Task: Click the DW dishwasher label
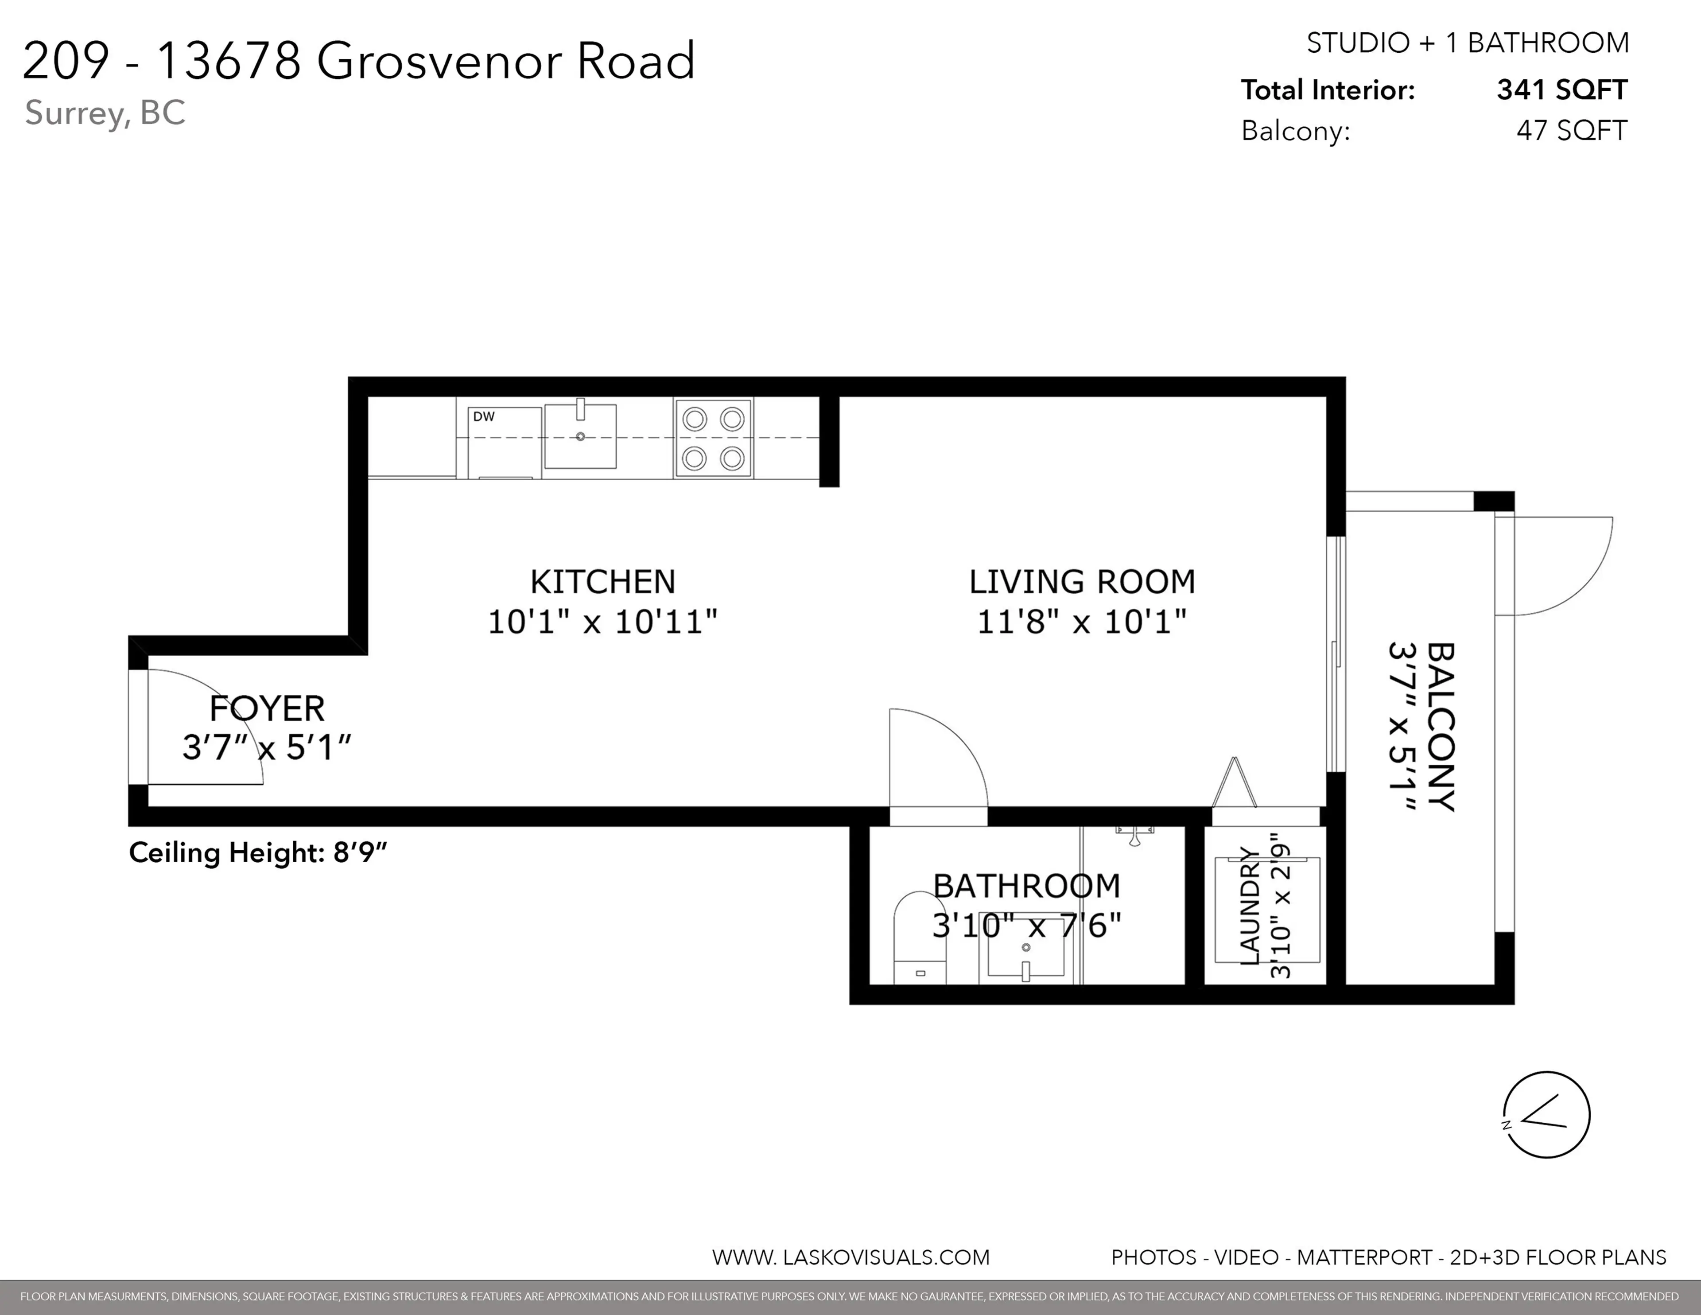484,417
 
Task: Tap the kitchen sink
580,436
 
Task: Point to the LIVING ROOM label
1082,582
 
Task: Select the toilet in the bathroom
919,939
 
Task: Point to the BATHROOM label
1026,886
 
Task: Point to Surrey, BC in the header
105,113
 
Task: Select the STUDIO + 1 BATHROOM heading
1468,43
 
